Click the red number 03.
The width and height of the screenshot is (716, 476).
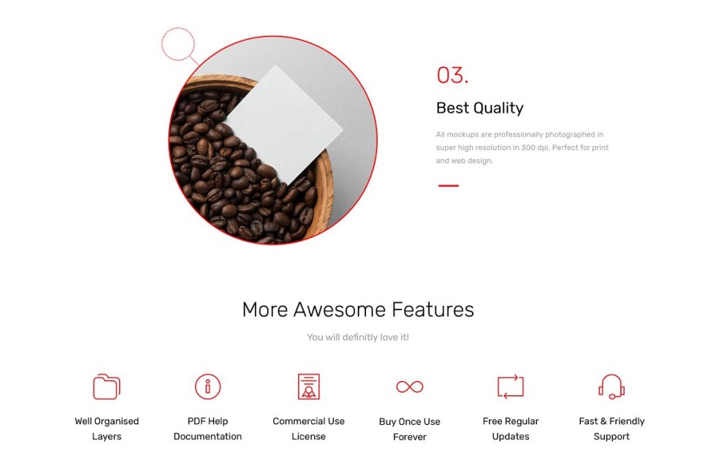(452, 75)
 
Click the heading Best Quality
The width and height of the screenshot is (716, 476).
(480, 108)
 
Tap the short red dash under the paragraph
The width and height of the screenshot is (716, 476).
(449, 185)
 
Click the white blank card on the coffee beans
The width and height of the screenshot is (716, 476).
(284, 124)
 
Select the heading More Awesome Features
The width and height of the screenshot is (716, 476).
(358, 310)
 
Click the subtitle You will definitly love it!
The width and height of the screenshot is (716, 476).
(358, 337)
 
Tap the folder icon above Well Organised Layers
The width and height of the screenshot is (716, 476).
(107, 386)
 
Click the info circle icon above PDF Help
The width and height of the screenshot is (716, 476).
(207, 386)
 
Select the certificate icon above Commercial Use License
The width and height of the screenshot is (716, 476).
(308, 386)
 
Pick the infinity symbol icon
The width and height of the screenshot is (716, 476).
(410, 387)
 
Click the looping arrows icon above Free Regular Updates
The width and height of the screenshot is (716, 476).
(511, 386)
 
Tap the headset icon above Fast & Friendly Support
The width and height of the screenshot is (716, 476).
(612, 386)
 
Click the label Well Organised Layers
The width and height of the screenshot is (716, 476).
(107, 429)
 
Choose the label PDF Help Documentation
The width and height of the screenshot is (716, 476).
(207, 429)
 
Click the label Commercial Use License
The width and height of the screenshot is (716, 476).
(308, 429)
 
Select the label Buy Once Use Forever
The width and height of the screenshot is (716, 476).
(410, 429)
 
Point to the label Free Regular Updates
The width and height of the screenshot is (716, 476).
(511, 429)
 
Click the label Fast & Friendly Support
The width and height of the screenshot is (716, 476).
(612, 429)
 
